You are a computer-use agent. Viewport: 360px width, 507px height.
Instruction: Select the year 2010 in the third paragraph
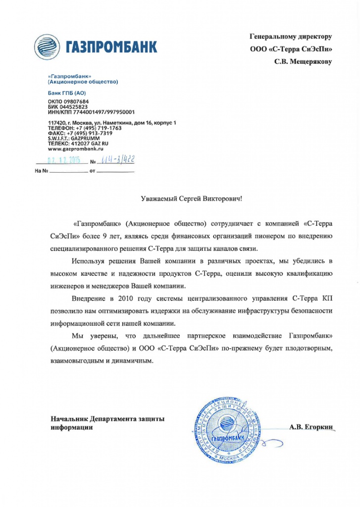(x=129, y=299)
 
